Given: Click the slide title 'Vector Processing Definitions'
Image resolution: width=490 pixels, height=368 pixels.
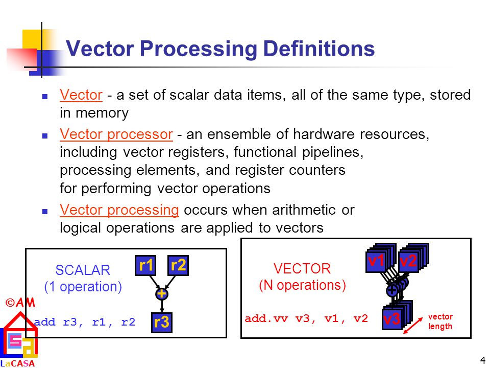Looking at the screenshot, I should point(220,50).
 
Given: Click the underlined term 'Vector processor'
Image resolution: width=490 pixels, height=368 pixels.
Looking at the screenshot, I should point(116,134).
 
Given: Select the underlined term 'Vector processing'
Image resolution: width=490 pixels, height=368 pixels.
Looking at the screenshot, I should point(119,210).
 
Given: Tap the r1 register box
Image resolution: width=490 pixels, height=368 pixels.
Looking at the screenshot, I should point(146,265).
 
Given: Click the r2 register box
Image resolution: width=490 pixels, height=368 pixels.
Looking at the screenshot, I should point(178,265).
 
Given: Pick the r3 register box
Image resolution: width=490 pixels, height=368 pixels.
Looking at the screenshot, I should point(162,323).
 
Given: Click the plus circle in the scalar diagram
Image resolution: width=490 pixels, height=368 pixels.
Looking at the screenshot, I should point(162,294).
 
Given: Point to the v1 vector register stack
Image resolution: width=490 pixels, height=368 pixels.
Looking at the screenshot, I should point(378,260).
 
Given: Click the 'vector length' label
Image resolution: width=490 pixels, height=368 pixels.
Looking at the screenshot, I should point(440,321).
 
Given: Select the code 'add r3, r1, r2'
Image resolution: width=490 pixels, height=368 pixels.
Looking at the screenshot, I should point(85,322).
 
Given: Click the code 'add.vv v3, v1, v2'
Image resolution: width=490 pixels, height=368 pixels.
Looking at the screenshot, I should point(306,318).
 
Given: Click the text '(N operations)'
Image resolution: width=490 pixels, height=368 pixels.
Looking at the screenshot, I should point(302,285).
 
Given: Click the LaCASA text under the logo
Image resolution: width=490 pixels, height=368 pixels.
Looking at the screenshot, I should point(17,364).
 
